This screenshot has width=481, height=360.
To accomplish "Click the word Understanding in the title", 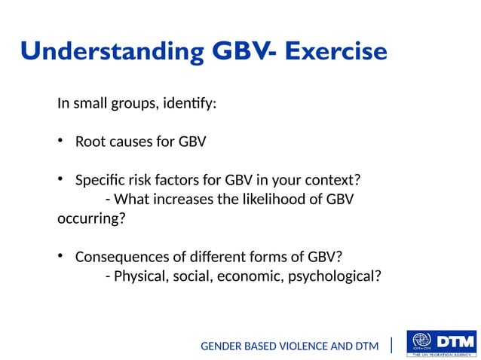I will [112, 52].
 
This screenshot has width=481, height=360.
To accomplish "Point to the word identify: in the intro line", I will [188, 103].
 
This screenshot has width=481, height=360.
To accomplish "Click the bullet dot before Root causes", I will [60, 141].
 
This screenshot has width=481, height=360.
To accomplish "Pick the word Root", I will [90, 142].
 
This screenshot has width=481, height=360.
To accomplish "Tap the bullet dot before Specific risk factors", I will [60, 179].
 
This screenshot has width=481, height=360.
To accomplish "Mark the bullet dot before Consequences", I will [60, 256].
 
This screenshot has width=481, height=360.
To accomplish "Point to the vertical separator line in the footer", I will [391, 345].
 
